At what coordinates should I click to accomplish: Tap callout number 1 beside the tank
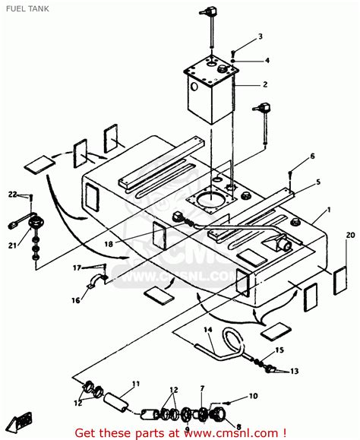[327, 209]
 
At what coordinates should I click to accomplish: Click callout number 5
[317, 182]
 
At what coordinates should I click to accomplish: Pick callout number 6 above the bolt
[311, 157]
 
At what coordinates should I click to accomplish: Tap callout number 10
[253, 397]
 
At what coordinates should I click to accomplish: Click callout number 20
[349, 236]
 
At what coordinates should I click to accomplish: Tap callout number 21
[12, 245]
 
